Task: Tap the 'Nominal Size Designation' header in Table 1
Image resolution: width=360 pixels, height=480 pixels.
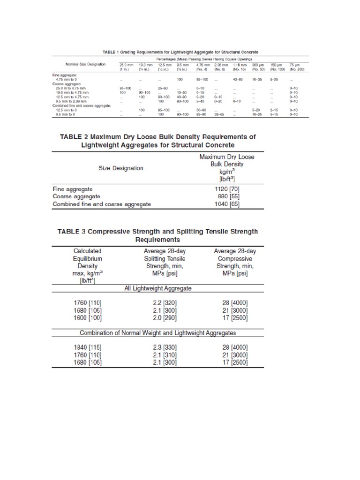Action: tap(82, 63)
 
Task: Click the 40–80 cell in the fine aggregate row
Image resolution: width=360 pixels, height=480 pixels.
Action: tap(240, 80)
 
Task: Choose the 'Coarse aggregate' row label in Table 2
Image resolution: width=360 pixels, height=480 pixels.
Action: tap(76, 196)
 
